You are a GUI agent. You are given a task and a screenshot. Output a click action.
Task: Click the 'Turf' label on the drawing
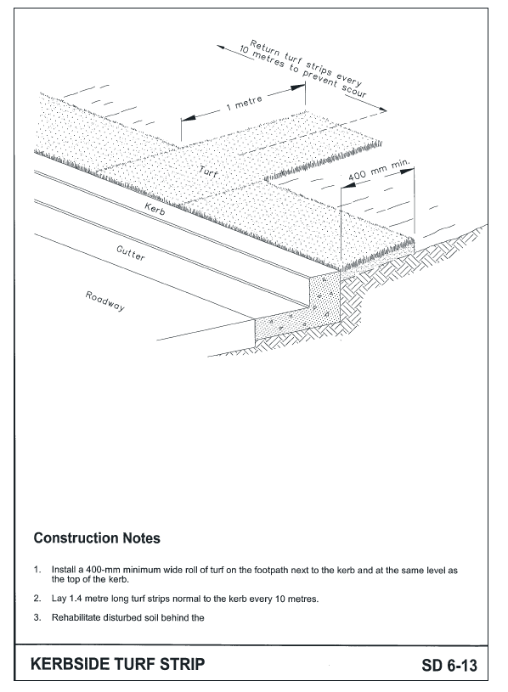point(209,172)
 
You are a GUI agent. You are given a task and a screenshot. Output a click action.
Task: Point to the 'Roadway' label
point(104,301)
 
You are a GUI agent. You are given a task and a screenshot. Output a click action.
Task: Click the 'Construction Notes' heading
point(97,538)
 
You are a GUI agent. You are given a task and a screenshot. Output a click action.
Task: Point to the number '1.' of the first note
point(37,570)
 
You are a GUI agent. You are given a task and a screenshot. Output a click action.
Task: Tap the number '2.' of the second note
point(37,599)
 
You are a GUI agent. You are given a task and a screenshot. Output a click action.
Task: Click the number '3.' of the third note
point(37,617)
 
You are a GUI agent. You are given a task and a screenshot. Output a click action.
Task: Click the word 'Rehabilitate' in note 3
point(74,617)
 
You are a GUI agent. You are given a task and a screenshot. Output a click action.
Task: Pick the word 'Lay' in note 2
point(59,599)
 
